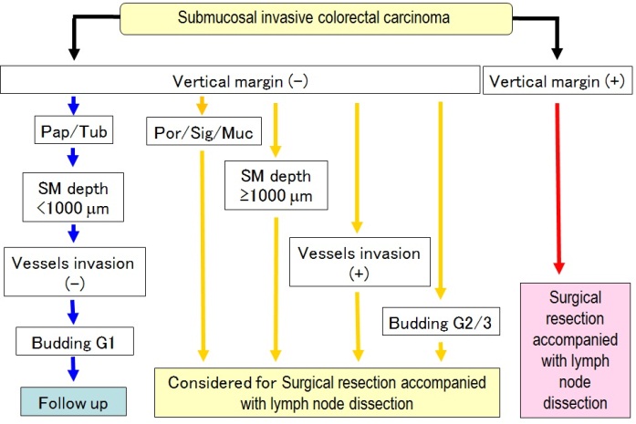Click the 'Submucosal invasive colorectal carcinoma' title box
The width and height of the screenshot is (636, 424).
[x=316, y=18]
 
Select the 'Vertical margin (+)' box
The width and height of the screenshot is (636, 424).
[x=558, y=80]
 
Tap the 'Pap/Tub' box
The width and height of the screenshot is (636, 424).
[x=74, y=130]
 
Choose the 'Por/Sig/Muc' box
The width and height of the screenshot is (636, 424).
[x=203, y=131]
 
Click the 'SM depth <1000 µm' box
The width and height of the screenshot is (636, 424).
[x=73, y=197]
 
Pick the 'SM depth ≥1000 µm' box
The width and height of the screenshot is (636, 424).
[x=276, y=185]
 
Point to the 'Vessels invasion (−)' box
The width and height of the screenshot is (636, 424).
[x=75, y=272]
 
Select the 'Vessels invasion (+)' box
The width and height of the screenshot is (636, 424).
[x=360, y=262]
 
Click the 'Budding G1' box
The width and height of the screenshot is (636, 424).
[x=75, y=341]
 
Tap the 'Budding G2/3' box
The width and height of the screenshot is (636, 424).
[x=441, y=322]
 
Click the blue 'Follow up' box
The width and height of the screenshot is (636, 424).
[x=73, y=402]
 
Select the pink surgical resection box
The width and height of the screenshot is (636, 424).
[x=575, y=350]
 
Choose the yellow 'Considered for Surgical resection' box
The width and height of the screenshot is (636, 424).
[x=327, y=392]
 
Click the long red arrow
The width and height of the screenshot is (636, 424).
[x=558, y=189]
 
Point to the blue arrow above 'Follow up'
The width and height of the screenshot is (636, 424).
[x=73, y=369]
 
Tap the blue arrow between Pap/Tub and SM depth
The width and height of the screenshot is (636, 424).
[x=73, y=157]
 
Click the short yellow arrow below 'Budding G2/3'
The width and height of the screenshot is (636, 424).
[x=441, y=351]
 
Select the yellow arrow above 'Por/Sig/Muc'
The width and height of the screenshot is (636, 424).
[x=202, y=106]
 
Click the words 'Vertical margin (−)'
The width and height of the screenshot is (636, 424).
[x=240, y=81]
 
